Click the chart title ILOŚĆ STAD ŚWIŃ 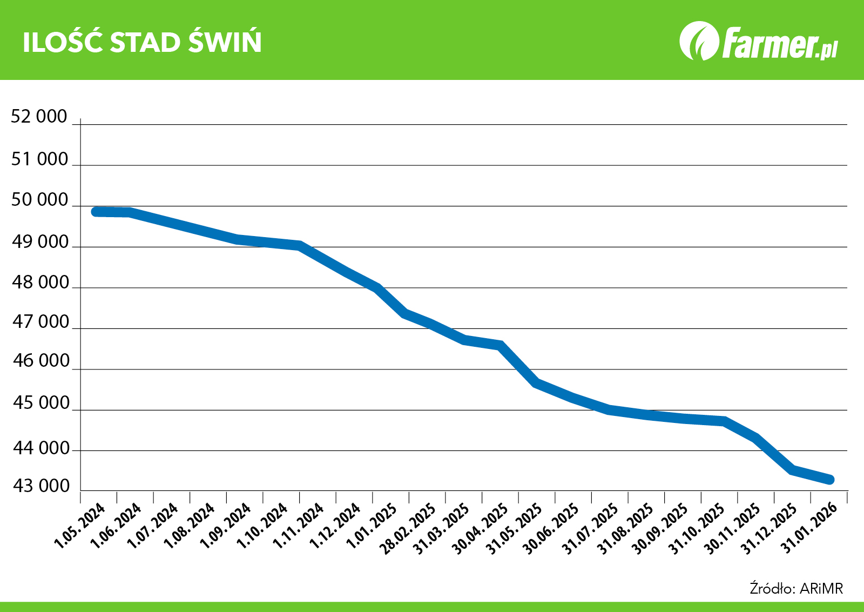click(142, 42)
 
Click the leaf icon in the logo click(699, 41)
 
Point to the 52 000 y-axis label click(39, 117)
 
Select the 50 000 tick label click(39, 200)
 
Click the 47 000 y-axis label click(40, 322)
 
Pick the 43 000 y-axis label click(41, 486)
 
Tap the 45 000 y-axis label click(41, 403)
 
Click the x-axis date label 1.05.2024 click(80, 526)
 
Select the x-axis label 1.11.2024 click(299, 526)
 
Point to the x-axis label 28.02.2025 click(408, 528)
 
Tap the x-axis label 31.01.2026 click(809, 528)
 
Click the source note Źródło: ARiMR click(796, 588)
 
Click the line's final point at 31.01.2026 click(830, 479)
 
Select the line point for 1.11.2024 click(300, 246)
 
